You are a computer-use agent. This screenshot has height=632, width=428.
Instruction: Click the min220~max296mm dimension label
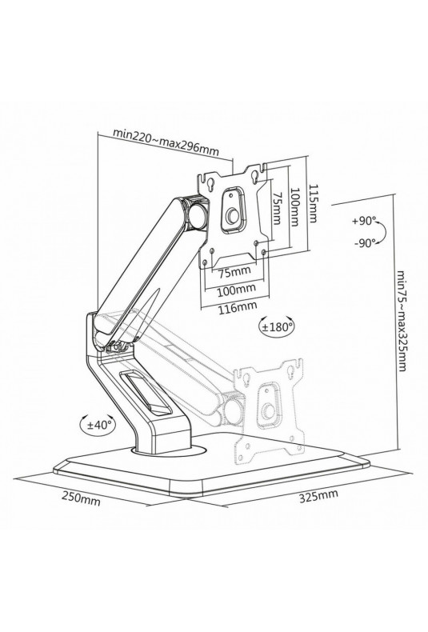pos(166,142)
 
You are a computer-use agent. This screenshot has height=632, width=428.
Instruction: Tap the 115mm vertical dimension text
pos(312,203)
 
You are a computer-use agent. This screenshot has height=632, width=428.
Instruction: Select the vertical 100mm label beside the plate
pos(294,206)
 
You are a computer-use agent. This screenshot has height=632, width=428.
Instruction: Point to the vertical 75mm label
pos(278,207)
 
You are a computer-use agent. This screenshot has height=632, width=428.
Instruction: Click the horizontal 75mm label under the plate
pos(234,272)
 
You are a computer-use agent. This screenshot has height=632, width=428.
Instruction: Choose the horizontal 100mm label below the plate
pos(237,290)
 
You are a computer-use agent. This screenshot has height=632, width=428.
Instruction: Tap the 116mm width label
pos(238,307)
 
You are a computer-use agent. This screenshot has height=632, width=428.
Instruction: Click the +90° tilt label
pos(364,221)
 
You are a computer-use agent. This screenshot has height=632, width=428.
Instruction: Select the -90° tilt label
pos(365,242)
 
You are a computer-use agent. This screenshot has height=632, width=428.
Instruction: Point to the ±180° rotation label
pos(277,327)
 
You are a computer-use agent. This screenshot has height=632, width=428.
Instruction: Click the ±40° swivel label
pos(98,425)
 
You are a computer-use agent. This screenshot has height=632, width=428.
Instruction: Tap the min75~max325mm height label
pos(402,321)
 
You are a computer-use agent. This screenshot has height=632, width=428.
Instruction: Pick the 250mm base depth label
pos(81,499)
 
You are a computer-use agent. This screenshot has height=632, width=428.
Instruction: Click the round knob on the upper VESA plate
pos(233,217)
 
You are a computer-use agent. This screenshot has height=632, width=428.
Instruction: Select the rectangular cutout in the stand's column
pos(146,392)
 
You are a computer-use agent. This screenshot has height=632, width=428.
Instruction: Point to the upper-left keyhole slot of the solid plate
pos(210,183)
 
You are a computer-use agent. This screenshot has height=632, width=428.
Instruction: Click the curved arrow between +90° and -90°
pos(382,231)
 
